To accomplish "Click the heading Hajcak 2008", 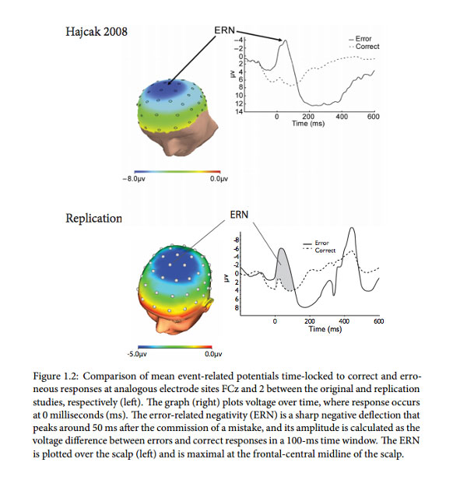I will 97,33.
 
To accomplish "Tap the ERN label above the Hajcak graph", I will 225,30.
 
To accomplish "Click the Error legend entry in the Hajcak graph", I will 363,38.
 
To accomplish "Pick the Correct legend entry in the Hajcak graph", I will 364,47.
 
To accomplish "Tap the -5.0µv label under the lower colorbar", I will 139,354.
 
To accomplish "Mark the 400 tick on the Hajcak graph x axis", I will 342,117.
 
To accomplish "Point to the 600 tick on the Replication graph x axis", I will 379,321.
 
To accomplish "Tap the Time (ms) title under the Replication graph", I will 325,329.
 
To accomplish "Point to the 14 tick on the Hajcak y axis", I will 241,111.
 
